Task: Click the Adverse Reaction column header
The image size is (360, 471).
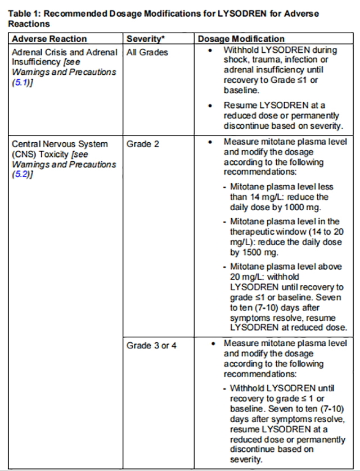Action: pyautogui.click(x=49, y=39)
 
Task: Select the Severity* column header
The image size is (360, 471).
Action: pyautogui.click(x=143, y=39)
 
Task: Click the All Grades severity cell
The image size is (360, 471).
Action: pyautogui.click(x=147, y=52)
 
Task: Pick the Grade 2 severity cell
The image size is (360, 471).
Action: pyautogui.click(x=143, y=144)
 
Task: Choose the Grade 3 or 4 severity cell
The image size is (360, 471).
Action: pyautogui.click(x=151, y=345)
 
